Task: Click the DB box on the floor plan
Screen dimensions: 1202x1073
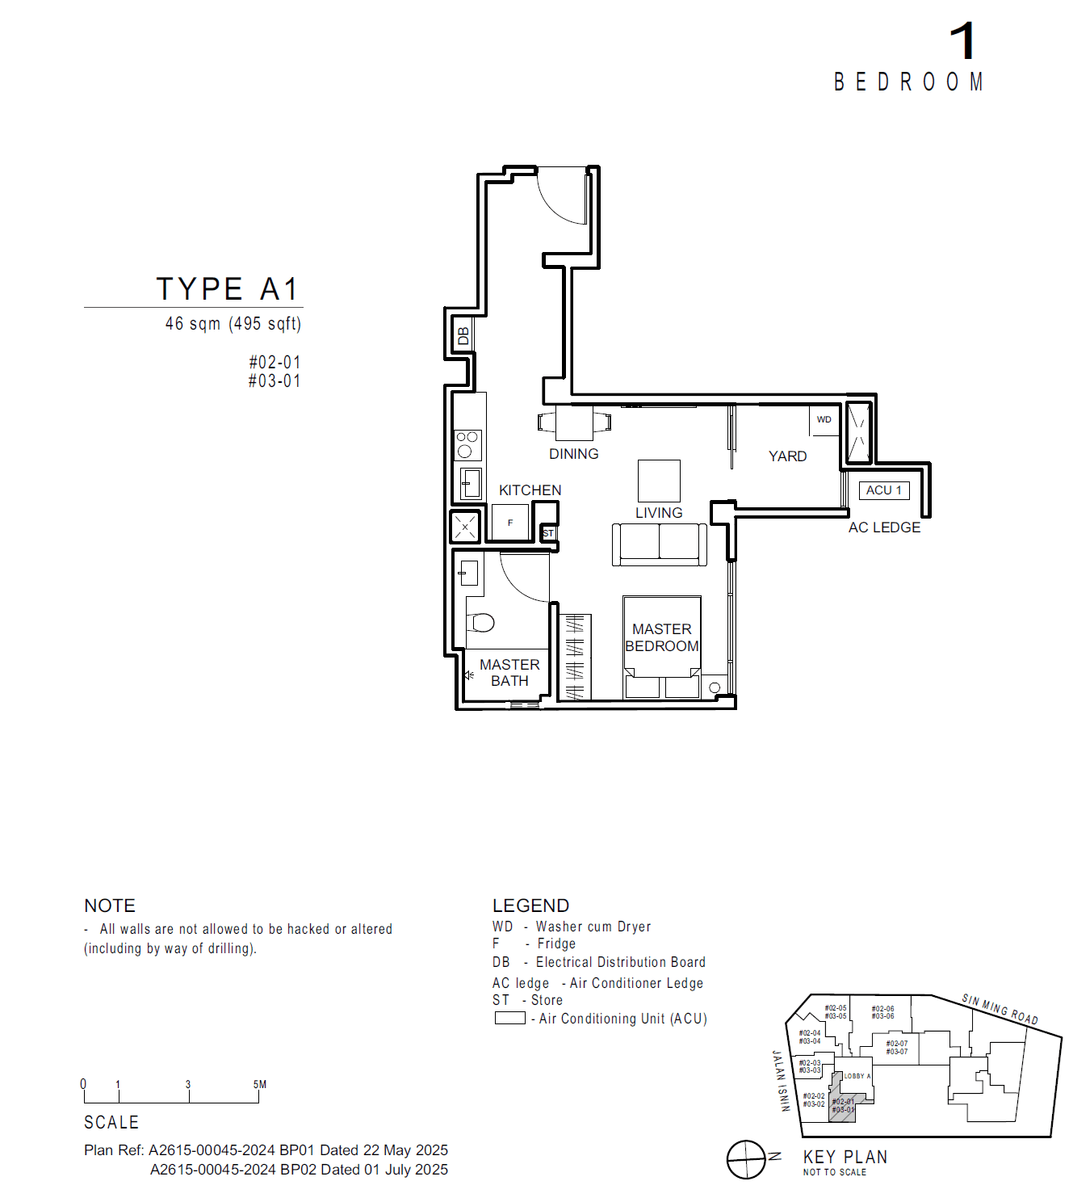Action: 463,335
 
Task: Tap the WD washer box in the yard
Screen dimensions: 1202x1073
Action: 824,420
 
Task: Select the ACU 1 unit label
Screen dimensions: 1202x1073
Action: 883,490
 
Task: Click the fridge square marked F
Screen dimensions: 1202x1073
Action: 510,523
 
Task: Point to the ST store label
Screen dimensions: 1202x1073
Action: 548,533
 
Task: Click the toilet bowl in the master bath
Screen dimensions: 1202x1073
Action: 481,622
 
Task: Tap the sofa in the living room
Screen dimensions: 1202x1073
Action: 659,544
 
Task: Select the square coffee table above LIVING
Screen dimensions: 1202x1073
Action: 659,481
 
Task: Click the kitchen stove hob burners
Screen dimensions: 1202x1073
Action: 467,444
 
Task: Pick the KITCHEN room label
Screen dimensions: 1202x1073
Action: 530,490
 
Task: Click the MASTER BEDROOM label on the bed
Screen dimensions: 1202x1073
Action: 661,637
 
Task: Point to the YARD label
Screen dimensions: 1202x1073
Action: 787,456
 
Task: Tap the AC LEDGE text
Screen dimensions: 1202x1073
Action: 884,527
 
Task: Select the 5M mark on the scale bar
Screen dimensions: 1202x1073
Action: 260,1085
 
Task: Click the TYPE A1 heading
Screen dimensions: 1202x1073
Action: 227,289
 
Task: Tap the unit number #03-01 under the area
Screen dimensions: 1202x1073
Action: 275,381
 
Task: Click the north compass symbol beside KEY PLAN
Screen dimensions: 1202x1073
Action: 746,1159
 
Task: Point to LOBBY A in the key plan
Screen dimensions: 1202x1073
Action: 857,1076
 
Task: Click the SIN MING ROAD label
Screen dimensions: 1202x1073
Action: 1000,1010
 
